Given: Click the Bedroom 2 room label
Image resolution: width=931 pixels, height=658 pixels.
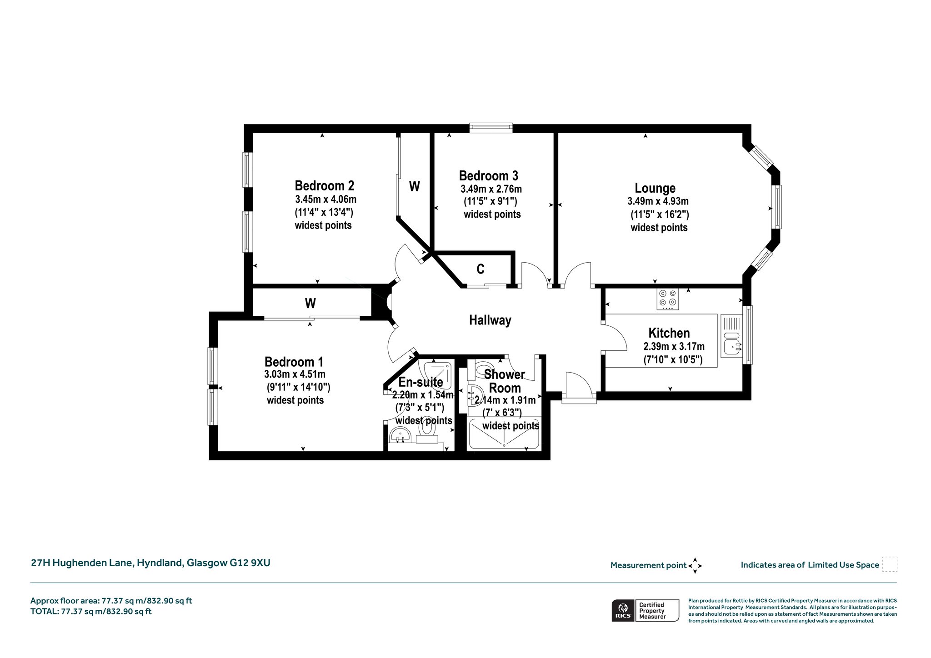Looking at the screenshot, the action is tap(324, 185).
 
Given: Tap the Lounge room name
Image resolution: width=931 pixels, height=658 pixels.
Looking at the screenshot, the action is tap(655, 188).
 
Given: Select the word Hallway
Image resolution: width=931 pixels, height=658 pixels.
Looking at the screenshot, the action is tap(490, 320).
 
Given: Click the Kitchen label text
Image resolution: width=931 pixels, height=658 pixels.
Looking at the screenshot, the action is tap(669, 333).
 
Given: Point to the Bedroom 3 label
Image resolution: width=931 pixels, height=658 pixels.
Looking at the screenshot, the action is tap(488, 175).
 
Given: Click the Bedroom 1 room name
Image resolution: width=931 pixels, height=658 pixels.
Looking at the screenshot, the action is tap(294, 362).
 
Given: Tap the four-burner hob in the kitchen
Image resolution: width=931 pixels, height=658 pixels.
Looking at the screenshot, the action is tap(668, 299).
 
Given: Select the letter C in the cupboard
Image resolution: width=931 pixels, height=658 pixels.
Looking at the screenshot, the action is tap(481, 269).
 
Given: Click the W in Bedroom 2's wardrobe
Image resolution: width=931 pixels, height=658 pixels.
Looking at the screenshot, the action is tap(414, 186).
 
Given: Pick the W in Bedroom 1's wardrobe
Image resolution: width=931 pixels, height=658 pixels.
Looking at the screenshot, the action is tap(310, 303).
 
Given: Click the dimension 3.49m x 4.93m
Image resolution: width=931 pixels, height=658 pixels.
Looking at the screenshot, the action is tap(658, 201).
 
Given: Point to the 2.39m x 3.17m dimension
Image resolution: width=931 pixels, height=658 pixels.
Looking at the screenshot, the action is tap(674, 346).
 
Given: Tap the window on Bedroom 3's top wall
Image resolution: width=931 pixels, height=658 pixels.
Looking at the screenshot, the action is tap(491, 128).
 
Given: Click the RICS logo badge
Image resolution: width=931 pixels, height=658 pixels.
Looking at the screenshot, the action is tap(622, 610).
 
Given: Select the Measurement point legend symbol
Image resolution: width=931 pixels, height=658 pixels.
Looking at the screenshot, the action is tap(695, 566).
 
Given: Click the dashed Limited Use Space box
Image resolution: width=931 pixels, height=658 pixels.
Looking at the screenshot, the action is tap(890, 564).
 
